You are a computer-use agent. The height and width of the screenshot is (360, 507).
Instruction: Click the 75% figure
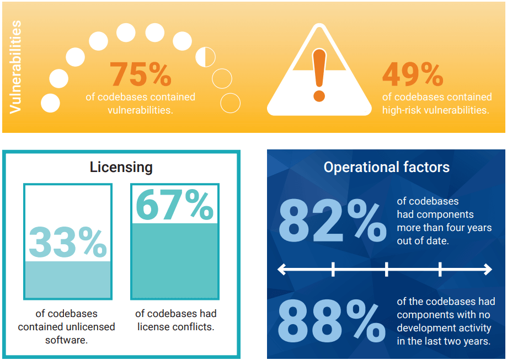pyautogui.click(x=140, y=74)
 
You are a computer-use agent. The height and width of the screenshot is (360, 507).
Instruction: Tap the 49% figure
pyautogui.click(x=413, y=74)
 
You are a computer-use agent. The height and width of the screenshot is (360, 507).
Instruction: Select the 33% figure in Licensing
pyautogui.click(x=67, y=242)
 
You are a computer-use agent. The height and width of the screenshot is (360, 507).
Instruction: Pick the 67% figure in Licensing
pyautogui.click(x=174, y=205)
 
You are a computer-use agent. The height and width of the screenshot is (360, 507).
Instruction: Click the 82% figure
pyautogui.click(x=332, y=222)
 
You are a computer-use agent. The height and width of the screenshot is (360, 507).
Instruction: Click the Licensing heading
pyautogui.click(x=121, y=167)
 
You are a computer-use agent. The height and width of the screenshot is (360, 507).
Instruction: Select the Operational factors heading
pyautogui.click(x=386, y=167)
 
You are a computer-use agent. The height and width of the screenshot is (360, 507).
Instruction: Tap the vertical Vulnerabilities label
pyautogui.click(x=15, y=67)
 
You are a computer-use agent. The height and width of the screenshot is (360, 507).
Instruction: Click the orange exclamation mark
pyautogui.click(x=319, y=74)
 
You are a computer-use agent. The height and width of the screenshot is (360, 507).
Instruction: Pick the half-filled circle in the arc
pyautogui.click(x=206, y=56)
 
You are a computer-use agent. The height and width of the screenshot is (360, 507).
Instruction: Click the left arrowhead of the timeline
pyautogui.click(x=281, y=270)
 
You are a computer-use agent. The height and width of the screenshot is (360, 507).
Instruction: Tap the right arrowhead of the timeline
pyautogui.click(x=488, y=270)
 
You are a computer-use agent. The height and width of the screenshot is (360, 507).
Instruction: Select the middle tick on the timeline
pyautogui.click(x=386, y=270)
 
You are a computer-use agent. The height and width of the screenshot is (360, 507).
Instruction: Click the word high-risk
pyautogui.click(x=404, y=110)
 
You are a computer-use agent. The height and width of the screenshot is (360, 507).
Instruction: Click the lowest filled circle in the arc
pyautogui.click(x=51, y=103)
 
